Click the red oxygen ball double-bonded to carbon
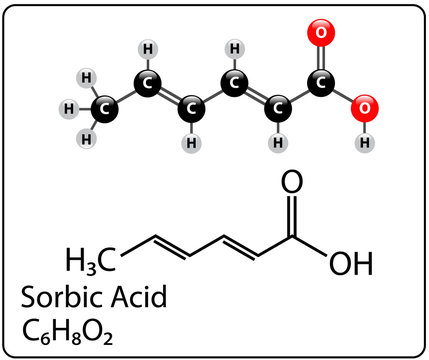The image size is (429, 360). pyautogui.click(x=321, y=33)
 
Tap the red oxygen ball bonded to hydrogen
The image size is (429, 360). pyautogui.click(x=364, y=108)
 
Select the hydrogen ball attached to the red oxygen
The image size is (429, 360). pyautogui.click(x=365, y=143)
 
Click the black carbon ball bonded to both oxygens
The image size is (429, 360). pyautogui.click(x=321, y=83)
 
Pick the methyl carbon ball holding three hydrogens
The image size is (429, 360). pyautogui.click(x=104, y=109)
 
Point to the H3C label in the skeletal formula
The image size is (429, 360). pyautogui.click(x=91, y=261)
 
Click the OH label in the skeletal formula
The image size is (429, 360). pyautogui.click(x=351, y=263)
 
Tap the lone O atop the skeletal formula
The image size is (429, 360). pyautogui.click(x=292, y=182)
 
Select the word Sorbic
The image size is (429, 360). pyautogui.click(x=63, y=297)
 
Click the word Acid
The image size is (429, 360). pyautogui.click(x=139, y=296)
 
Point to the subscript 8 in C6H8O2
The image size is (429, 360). pyautogui.click(x=76, y=339)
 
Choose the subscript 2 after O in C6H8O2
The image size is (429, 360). pyautogui.click(x=108, y=339)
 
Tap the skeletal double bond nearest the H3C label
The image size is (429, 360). pyautogui.click(x=172, y=247)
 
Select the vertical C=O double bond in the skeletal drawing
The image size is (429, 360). pyautogui.click(x=292, y=216)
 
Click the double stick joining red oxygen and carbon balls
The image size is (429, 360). pyautogui.click(x=321, y=58)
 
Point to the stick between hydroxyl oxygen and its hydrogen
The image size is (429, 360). pyautogui.click(x=365, y=127)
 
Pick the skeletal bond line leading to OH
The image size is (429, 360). pyautogui.click(x=310, y=246)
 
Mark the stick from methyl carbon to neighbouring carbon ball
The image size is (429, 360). pyautogui.click(x=126, y=96)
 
